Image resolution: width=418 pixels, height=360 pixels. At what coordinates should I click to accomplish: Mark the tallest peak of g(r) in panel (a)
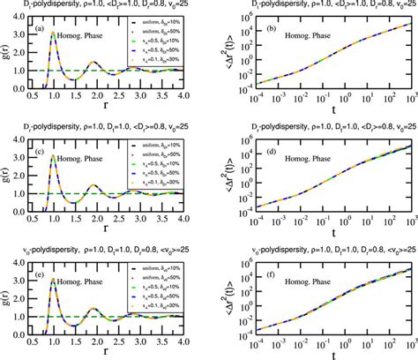pyautogui.click(x=53, y=34)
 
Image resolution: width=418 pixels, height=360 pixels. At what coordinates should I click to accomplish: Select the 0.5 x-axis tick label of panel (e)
pyautogui.click(x=34, y=345)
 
